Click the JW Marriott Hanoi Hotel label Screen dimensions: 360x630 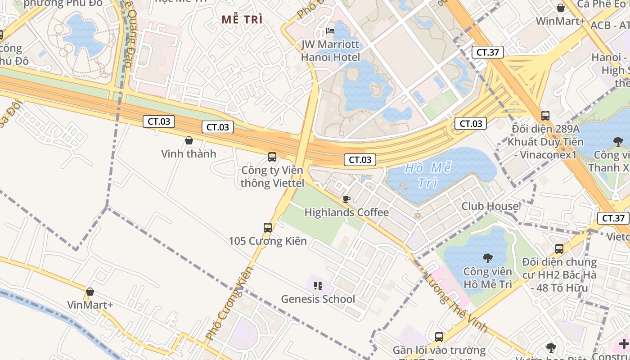330,51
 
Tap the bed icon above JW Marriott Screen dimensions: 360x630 330,31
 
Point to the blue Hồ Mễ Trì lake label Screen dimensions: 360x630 427,175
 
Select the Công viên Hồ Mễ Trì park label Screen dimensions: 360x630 488,278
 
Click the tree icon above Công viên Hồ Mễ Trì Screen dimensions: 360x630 487,258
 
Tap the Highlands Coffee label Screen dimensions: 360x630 346,212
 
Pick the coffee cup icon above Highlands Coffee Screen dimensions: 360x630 346,199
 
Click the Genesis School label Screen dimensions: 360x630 318,299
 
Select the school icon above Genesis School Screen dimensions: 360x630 318,285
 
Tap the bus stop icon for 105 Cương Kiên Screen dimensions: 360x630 268,228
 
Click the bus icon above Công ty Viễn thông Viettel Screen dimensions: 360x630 272,157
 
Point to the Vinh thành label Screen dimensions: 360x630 189,154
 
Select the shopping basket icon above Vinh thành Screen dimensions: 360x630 189,141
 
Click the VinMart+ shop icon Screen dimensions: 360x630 90,292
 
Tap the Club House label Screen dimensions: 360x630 490,207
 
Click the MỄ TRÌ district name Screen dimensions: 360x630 242,20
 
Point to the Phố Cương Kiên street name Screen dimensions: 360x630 229,303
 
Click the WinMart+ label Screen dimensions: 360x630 560,21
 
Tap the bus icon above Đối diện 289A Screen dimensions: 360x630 545,116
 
